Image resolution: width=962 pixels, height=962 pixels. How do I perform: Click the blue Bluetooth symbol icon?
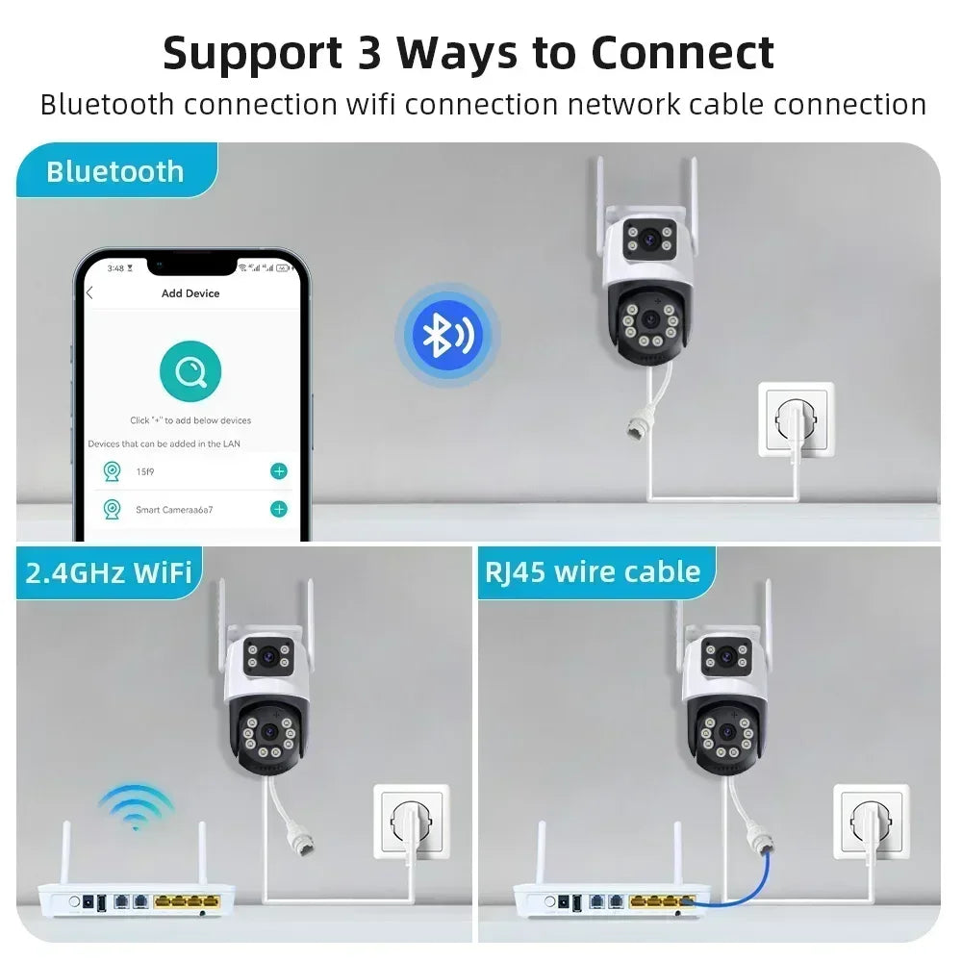click(447, 334)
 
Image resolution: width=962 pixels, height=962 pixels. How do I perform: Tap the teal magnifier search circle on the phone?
click(190, 372)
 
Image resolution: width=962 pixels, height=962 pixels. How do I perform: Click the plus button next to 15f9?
click(279, 471)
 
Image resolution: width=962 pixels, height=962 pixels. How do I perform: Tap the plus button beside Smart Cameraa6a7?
click(279, 509)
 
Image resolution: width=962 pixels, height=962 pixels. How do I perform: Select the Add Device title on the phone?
click(190, 293)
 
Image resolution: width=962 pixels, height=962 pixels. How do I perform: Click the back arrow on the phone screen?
click(90, 293)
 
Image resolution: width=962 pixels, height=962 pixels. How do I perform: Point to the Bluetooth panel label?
click(114, 171)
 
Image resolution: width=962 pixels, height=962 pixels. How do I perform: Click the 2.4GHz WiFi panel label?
click(109, 572)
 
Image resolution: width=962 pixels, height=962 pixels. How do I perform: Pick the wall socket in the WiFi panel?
click(411, 823)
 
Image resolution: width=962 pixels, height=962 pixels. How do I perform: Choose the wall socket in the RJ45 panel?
click(871, 823)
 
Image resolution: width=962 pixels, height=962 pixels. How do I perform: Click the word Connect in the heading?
click(682, 53)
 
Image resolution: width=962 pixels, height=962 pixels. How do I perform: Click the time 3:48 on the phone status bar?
click(115, 267)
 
